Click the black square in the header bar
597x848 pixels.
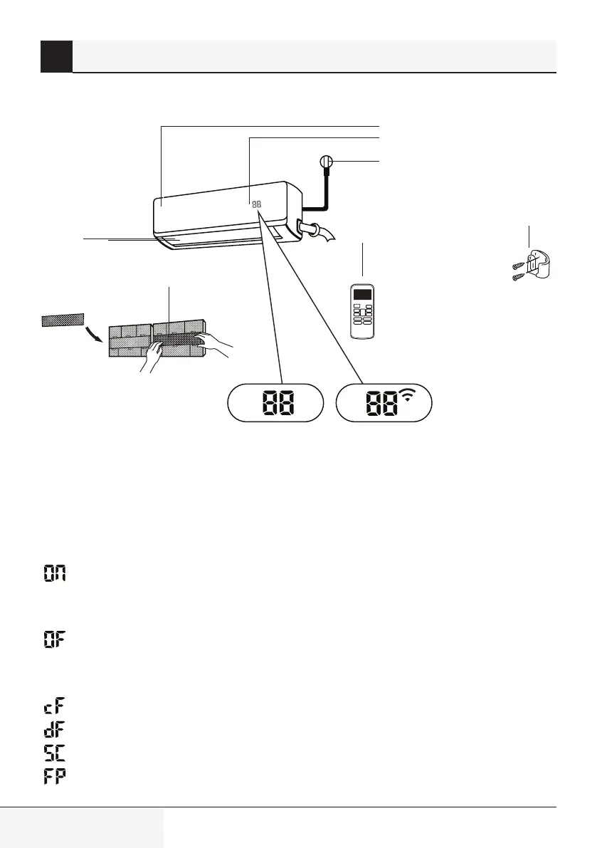(56, 56)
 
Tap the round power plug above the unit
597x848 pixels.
(327, 162)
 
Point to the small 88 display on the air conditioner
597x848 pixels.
(256, 203)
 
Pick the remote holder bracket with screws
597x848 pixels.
(539, 266)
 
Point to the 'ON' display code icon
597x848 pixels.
(54, 573)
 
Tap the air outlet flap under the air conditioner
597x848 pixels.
(213, 242)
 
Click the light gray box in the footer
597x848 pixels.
(82, 828)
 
